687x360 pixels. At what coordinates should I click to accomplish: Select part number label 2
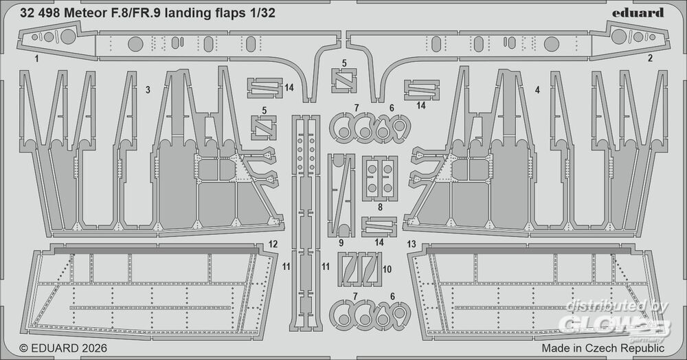[650, 58]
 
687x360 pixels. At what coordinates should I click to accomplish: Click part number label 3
[148, 90]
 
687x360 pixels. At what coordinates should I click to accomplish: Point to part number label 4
[537, 90]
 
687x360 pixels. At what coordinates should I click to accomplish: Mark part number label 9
[341, 243]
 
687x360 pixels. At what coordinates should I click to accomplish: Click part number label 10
[387, 269]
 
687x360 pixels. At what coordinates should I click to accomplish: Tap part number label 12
[273, 243]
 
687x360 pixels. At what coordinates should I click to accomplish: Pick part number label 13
[412, 243]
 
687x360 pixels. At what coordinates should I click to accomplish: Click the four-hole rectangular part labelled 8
[379, 177]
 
